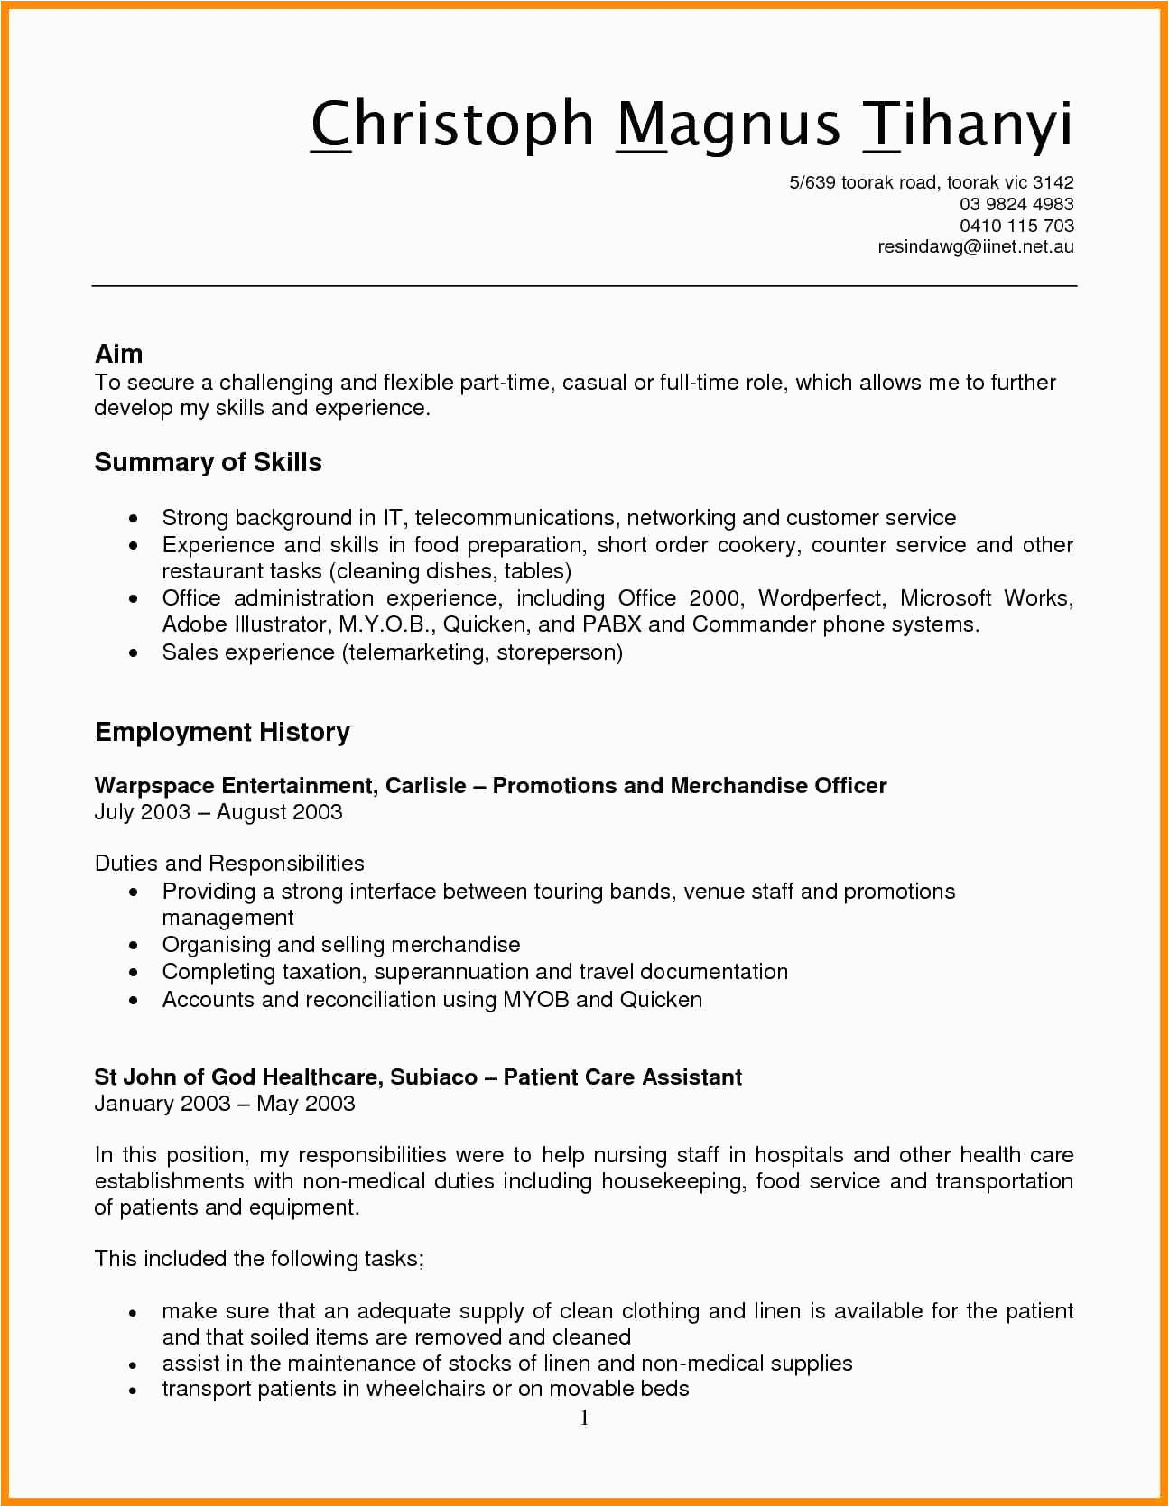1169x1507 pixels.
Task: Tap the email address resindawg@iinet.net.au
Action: (x=975, y=246)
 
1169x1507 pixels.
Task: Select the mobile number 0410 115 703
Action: (x=1016, y=226)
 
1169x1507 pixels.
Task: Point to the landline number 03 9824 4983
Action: (x=1016, y=204)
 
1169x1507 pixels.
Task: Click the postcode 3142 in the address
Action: (x=1053, y=182)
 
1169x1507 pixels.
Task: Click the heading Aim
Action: (x=118, y=354)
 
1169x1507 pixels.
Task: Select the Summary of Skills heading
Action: (x=208, y=462)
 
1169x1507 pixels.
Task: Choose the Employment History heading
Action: (x=222, y=732)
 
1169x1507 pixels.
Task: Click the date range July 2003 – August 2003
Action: (x=218, y=812)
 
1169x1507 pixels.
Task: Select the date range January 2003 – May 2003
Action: (x=225, y=1104)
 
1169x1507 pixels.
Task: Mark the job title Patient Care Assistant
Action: (x=623, y=1077)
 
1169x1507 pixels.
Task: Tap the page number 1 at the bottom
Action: (x=585, y=1419)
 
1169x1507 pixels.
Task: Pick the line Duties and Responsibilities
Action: (x=229, y=864)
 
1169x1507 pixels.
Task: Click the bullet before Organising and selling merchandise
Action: (x=134, y=946)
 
